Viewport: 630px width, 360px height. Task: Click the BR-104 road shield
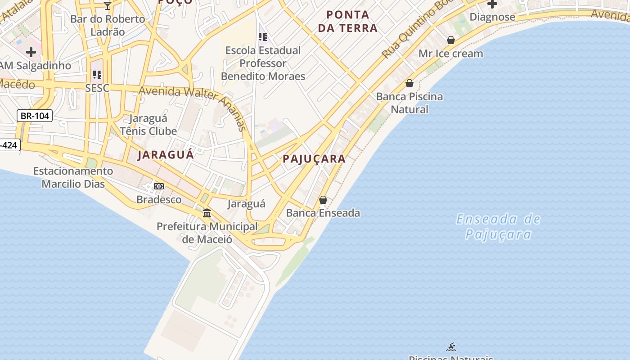(35, 116)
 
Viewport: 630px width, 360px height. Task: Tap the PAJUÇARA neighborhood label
(314, 158)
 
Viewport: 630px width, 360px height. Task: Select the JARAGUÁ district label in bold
(166, 155)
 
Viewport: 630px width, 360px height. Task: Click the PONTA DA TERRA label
(348, 22)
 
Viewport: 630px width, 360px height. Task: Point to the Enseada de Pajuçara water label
(498, 227)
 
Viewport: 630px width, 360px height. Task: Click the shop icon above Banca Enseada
(323, 200)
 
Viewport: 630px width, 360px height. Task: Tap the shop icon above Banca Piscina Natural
(409, 83)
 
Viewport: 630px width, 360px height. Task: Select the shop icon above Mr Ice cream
(451, 40)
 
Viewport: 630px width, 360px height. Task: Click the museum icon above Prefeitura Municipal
(207, 213)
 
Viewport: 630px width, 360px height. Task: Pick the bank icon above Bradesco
(159, 186)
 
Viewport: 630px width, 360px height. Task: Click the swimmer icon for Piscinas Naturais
(451, 347)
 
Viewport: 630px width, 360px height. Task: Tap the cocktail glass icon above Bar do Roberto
(108, 5)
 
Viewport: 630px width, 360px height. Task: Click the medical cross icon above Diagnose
(492, 4)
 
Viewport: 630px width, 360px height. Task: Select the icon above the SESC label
(97, 75)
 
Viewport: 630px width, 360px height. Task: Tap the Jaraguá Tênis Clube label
(148, 125)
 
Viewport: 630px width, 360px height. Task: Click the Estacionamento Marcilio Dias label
(73, 177)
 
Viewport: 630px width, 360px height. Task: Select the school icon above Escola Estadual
(263, 37)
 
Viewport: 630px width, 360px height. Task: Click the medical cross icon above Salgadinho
(31, 52)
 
